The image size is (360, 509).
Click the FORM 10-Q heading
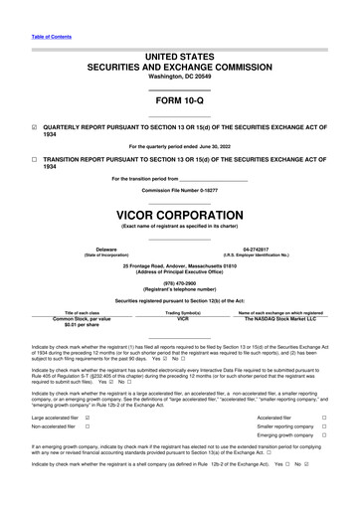tap(179, 102)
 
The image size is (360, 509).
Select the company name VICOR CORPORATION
tap(179, 214)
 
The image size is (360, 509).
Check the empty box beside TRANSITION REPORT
tap(35, 159)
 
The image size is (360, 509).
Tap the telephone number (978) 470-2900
tap(179, 280)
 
